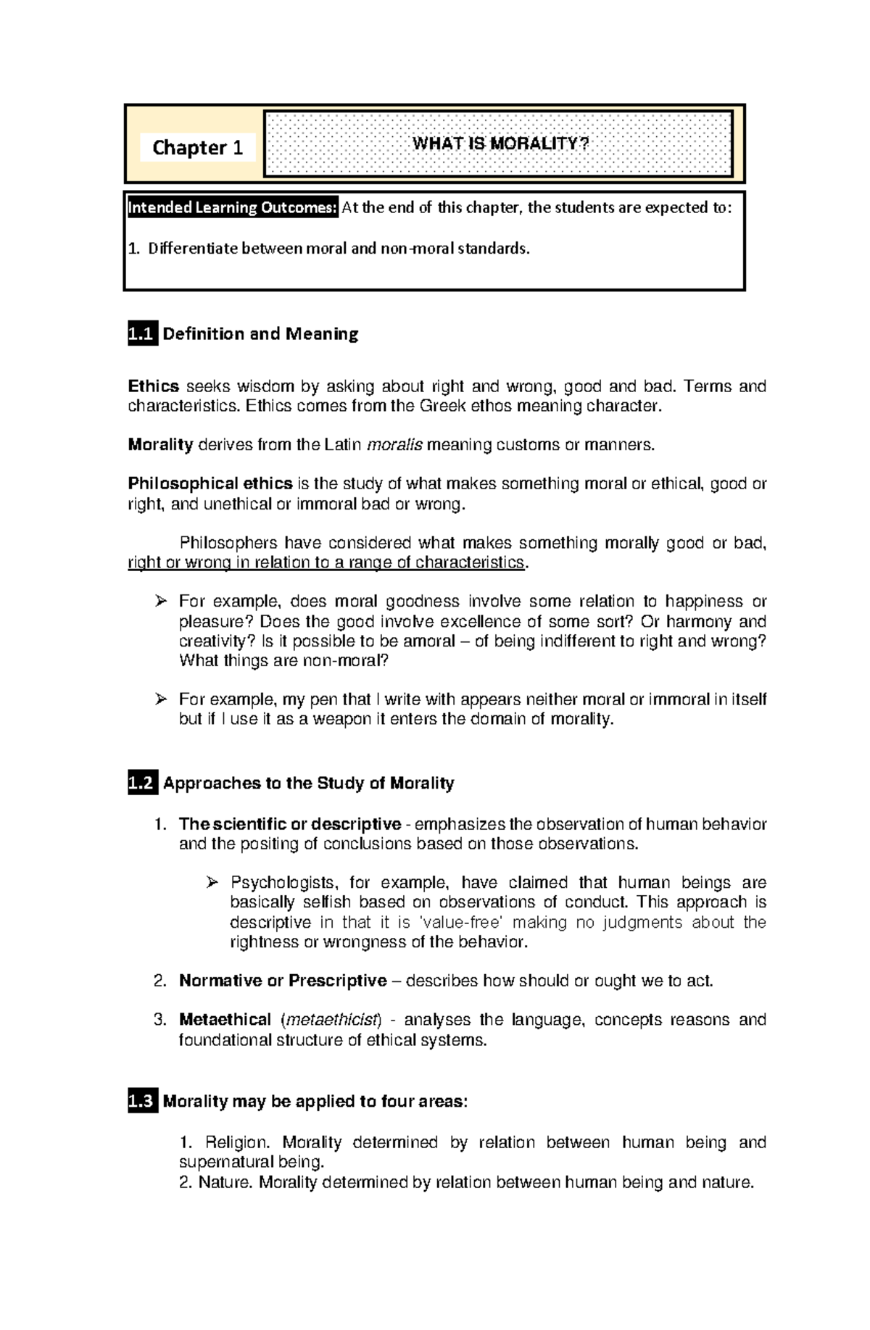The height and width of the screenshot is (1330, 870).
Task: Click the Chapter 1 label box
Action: (x=197, y=148)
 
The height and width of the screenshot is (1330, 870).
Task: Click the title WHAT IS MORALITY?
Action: (x=500, y=144)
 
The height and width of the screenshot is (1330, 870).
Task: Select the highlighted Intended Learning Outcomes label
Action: (x=233, y=208)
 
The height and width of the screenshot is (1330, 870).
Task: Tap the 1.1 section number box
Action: (x=142, y=334)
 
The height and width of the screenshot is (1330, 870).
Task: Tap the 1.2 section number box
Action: (x=142, y=784)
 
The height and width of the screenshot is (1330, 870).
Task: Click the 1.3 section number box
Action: (x=142, y=1102)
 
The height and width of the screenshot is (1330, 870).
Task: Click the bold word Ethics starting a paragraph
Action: (x=153, y=386)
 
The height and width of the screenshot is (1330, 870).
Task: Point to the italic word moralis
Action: (x=394, y=445)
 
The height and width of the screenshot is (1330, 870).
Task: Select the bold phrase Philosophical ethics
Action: (x=210, y=484)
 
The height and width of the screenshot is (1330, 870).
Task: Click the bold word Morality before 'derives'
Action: (x=160, y=445)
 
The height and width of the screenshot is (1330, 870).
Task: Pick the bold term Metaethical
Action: (x=225, y=1021)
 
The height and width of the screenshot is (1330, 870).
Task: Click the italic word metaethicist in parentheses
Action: (x=331, y=1021)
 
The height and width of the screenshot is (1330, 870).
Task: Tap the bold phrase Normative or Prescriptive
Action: (x=283, y=981)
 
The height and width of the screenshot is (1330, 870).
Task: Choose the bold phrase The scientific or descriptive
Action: (x=290, y=825)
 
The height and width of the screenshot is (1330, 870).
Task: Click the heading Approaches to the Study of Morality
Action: (x=309, y=784)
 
